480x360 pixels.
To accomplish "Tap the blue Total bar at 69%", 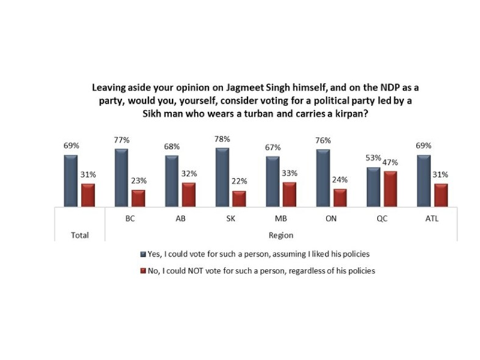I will [x=70, y=180].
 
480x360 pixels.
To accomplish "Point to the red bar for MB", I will [x=272, y=193].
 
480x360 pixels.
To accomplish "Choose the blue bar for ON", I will [x=322, y=177].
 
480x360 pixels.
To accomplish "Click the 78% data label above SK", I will [x=221, y=140].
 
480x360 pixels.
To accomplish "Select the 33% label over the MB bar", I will [x=272, y=173].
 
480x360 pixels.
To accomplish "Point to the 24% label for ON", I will [x=323, y=181].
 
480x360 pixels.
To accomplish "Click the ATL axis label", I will [x=431, y=220].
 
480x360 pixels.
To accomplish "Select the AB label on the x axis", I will [x=179, y=220].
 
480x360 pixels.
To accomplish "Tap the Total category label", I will [x=79, y=235].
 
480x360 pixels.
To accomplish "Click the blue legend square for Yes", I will [x=143, y=255].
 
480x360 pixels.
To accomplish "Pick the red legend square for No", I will [x=143, y=271].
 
